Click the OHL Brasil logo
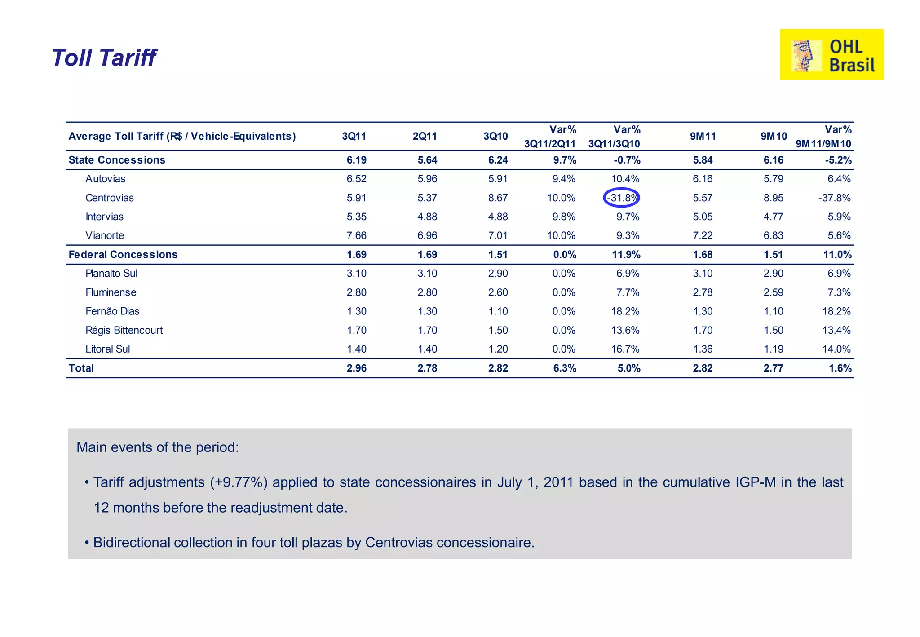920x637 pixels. coord(831,54)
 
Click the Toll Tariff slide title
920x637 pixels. coord(104,58)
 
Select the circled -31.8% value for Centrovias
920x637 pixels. coord(622,198)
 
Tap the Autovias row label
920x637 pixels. coord(105,179)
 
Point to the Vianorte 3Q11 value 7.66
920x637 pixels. coord(356,235)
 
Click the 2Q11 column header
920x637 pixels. coord(425,136)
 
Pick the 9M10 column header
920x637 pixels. coord(774,136)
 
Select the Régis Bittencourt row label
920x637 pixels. coord(124,330)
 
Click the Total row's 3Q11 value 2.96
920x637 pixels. coord(356,368)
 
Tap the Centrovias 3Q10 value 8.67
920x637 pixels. coord(498,198)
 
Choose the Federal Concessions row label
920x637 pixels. coord(123,254)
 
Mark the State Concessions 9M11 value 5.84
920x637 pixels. coord(703,160)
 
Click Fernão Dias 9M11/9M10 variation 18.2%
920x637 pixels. coord(836,311)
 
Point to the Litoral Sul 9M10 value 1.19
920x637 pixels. coord(773,349)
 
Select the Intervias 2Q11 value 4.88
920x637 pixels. coord(427,217)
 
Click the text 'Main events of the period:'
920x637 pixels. coord(158,447)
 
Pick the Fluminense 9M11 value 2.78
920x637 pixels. coord(703,292)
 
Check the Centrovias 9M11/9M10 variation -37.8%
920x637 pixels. coord(834,198)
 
